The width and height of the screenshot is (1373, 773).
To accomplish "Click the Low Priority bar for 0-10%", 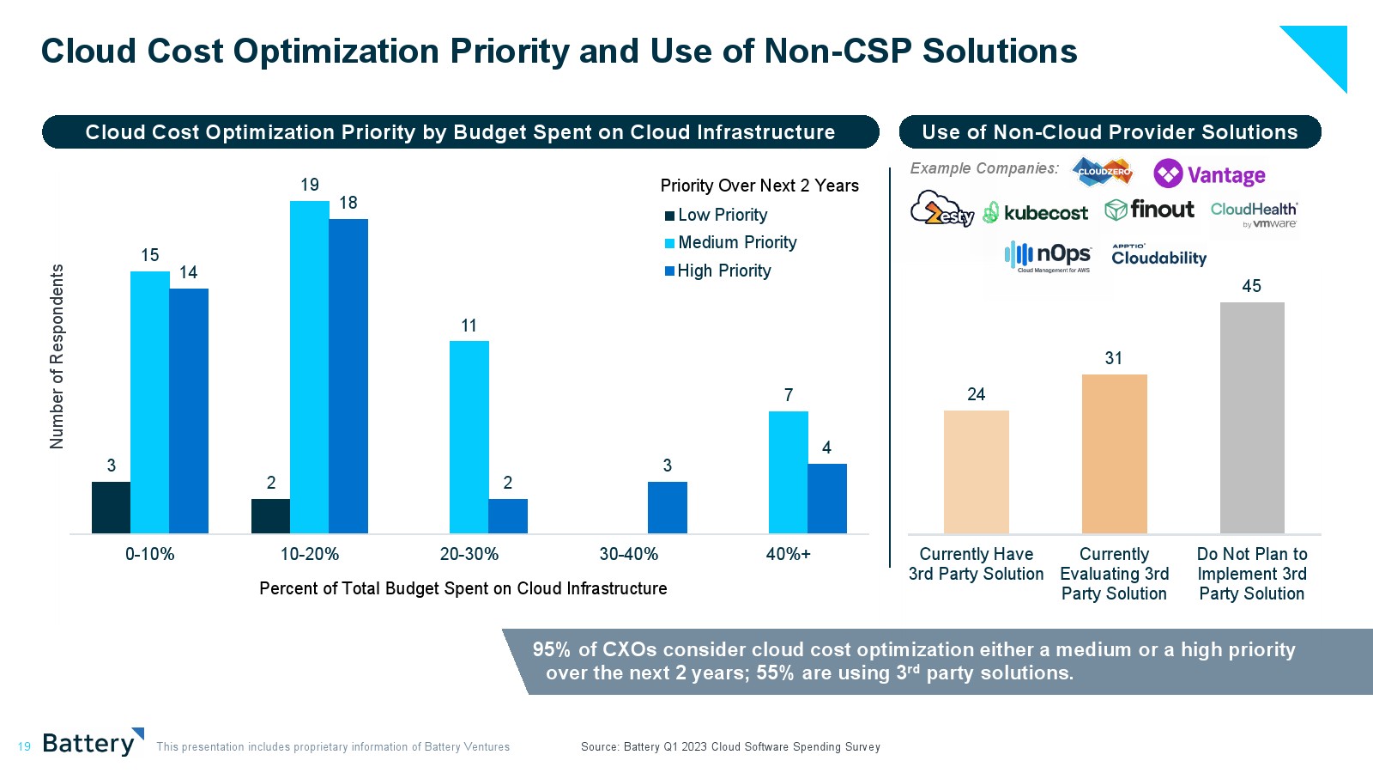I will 111,508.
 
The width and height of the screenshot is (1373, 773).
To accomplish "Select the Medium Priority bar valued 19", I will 309,368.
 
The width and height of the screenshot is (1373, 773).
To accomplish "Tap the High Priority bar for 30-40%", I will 667,508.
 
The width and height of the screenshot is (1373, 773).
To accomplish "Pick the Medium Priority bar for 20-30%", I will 469,437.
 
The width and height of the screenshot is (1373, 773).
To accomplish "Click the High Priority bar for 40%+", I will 826,498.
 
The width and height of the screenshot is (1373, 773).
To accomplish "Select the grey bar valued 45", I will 1252,417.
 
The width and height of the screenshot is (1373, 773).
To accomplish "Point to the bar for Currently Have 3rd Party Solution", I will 976,472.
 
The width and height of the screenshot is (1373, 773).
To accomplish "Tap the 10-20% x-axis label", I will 309,555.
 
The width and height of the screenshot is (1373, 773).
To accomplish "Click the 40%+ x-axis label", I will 788,555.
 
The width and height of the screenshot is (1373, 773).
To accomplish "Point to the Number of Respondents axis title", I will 57,356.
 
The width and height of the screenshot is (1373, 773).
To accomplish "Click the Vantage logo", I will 1209,174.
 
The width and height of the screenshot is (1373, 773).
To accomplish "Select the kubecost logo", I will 1035,212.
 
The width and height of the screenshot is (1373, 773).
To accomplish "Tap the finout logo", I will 1149,210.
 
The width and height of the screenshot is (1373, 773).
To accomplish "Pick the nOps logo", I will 1048,256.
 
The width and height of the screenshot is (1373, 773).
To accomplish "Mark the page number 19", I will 24,746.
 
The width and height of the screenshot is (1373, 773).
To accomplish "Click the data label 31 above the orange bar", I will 1113,359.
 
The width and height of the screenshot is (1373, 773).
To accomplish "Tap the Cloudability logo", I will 1158,256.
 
